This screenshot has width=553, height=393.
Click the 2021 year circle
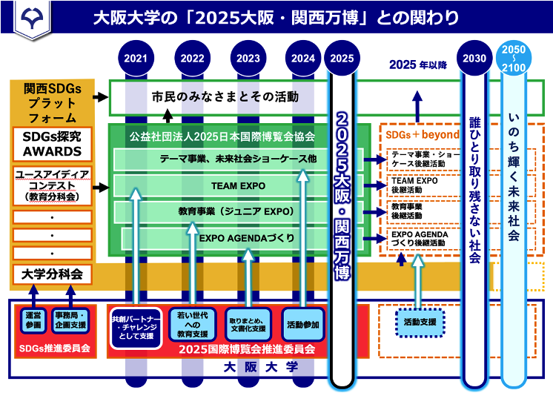click(136, 58)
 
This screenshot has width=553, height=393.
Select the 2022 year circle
click(193, 58)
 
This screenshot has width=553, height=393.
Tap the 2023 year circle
click(249, 58)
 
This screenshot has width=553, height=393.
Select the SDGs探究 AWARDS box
click(52, 145)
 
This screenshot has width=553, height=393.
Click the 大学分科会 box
click(52, 274)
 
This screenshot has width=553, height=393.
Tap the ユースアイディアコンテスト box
click(52, 185)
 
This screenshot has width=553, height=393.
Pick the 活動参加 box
click(303, 323)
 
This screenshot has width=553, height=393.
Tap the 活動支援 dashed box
click(420, 323)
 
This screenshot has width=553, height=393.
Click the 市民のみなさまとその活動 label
click(225, 96)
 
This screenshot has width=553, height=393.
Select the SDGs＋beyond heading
click(420, 135)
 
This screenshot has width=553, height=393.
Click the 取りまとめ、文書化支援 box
click(248, 323)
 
